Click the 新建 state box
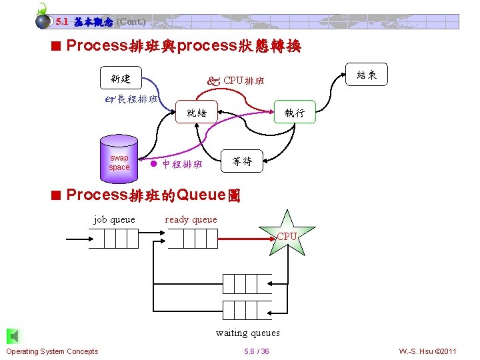pos(121,79)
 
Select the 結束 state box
pos(367,75)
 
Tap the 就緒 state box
pos(197,113)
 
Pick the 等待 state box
pos(241,161)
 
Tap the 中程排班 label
pos(182,164)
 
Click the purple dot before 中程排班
pos(153,164)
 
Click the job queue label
pos(114,219)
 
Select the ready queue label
pos(191,219)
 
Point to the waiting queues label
pos(247,333)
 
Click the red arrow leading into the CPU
pos(247,237)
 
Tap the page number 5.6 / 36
pos(257,351)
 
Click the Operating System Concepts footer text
pos(52,351)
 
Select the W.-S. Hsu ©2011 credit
pos(427,351)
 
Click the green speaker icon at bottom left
pos(11,336)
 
